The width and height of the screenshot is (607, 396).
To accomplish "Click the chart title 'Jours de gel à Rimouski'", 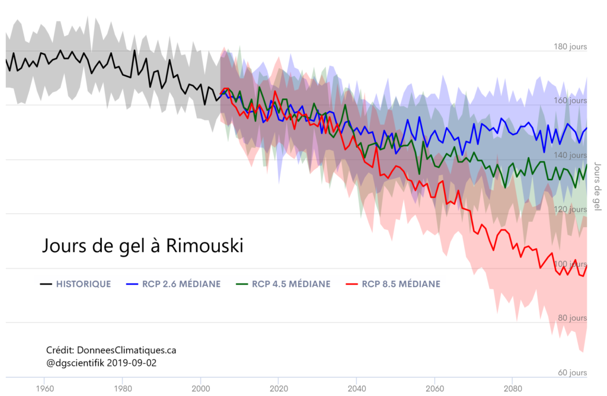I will point(143,245).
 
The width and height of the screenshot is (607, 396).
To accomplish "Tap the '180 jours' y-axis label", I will point(570,47).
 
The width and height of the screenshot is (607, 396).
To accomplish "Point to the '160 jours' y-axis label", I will point(570,101).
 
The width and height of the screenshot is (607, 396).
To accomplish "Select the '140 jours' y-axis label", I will point(570,155).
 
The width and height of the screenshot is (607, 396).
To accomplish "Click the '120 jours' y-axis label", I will point(570,209).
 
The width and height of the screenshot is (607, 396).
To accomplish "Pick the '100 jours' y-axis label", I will point(570,264).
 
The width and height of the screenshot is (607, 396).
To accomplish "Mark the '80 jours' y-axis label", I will point(572,318).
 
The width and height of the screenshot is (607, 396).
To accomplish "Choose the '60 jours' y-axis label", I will point(572,373).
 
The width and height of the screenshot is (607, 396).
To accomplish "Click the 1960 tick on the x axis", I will point(45,389).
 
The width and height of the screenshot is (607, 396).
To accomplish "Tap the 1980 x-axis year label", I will point(123,389).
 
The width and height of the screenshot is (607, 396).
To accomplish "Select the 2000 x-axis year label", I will point(200,389).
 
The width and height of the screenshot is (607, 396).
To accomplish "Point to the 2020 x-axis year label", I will point(279,389).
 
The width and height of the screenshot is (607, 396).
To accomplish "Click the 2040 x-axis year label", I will point(356,389).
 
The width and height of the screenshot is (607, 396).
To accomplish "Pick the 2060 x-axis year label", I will point(435,389).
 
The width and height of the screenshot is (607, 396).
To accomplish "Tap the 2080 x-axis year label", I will point(512,389).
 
